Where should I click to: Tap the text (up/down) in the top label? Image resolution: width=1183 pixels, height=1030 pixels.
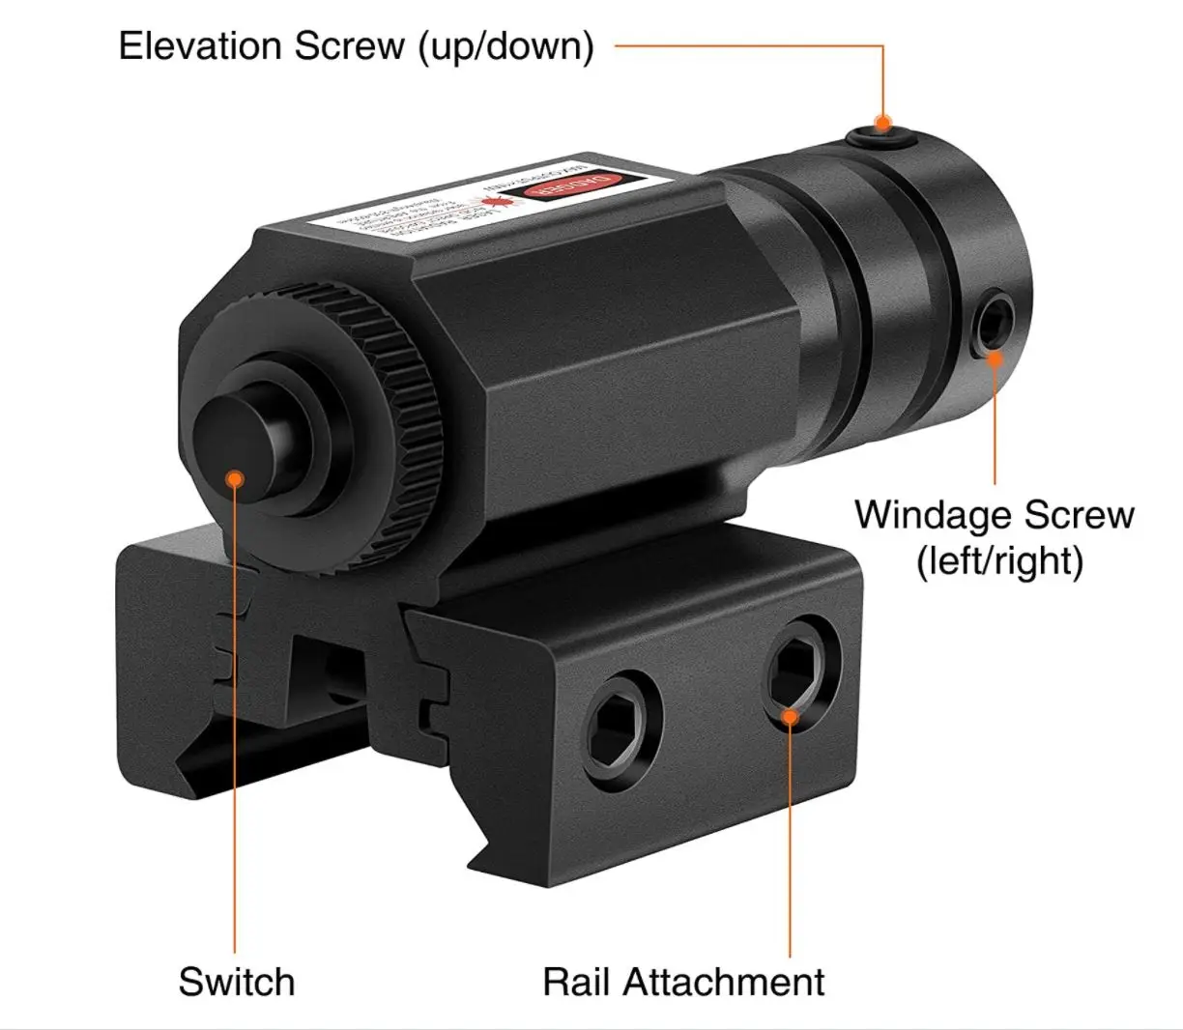pyautogui.click(x=505, y=47)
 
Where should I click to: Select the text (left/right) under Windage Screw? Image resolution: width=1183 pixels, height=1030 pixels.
pyautogui.click(x=999, y=559)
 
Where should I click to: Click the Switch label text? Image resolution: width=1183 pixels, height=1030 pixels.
pyautogui.click(x=236, y=982)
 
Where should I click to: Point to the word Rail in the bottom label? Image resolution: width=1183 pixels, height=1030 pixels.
pyautogui.click(x=575, y=982)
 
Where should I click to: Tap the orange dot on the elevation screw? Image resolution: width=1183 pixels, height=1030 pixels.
pyautogui.click(x=881, y=124)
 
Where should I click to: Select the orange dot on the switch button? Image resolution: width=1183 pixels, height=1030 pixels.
pyautogui.click(x=234, y=477)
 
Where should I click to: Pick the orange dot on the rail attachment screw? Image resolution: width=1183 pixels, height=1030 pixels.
pyautogui.click(x=790, y=716)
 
